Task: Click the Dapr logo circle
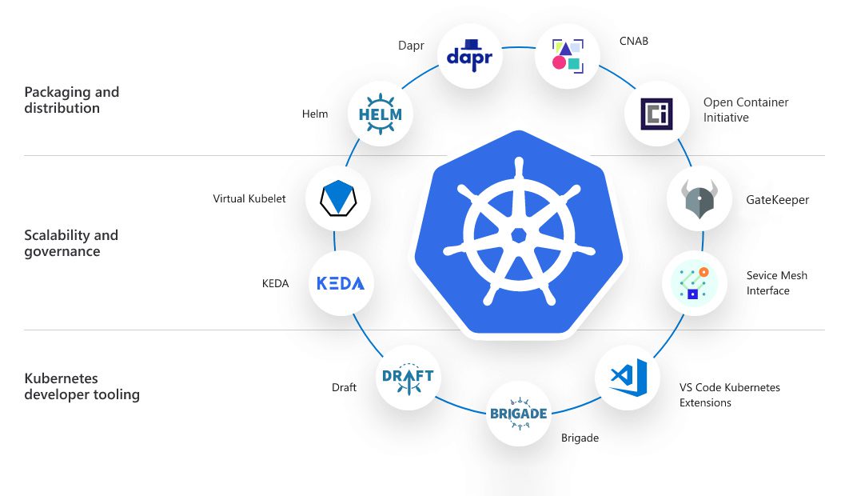click(471, 56)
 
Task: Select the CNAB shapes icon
click(567, 54)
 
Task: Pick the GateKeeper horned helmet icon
click(699, 199)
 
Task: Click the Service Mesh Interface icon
click(695, 283)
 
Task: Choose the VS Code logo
click(627, 377)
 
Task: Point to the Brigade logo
click(518, 414)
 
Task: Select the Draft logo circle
click(408, 377)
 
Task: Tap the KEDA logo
click(341, 283)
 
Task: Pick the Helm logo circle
click(381, 114)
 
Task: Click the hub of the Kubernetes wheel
click(518, 235)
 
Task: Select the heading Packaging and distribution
click(72, 100)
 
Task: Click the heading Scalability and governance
click(71, 243)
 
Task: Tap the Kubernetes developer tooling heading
click(82, 386)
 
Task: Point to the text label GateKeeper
click(777, 200)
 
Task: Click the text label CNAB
click(634, 41)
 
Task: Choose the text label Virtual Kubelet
click(249, 198)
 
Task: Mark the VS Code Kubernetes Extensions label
click(730, 395)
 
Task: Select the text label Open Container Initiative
click(746, 110)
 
